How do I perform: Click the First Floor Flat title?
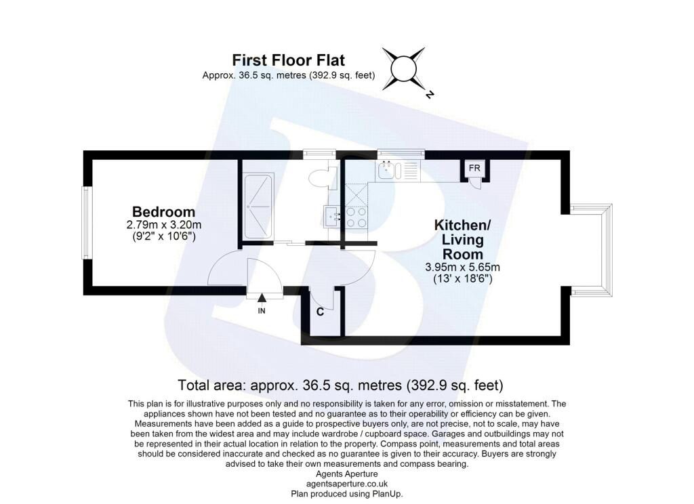point(288,60)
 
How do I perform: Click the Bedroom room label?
point(163,211)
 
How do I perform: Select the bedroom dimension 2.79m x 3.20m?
point(164,225)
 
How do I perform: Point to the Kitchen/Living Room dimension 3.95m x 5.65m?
point(462,268)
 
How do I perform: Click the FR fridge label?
point(474,168)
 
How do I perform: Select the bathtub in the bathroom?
point(258,206)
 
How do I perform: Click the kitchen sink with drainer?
point(397,171)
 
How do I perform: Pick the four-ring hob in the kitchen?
point(356,217)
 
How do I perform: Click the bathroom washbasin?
point(331,216)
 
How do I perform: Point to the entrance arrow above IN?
point(262,299)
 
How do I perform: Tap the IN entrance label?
point(262,311)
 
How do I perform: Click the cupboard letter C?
point(320,312)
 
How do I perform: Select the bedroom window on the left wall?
point(86,223)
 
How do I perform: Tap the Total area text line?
point(340,385)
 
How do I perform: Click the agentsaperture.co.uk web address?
point(347,484)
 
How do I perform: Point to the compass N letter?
point(429,93)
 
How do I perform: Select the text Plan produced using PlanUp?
point(347,494)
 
